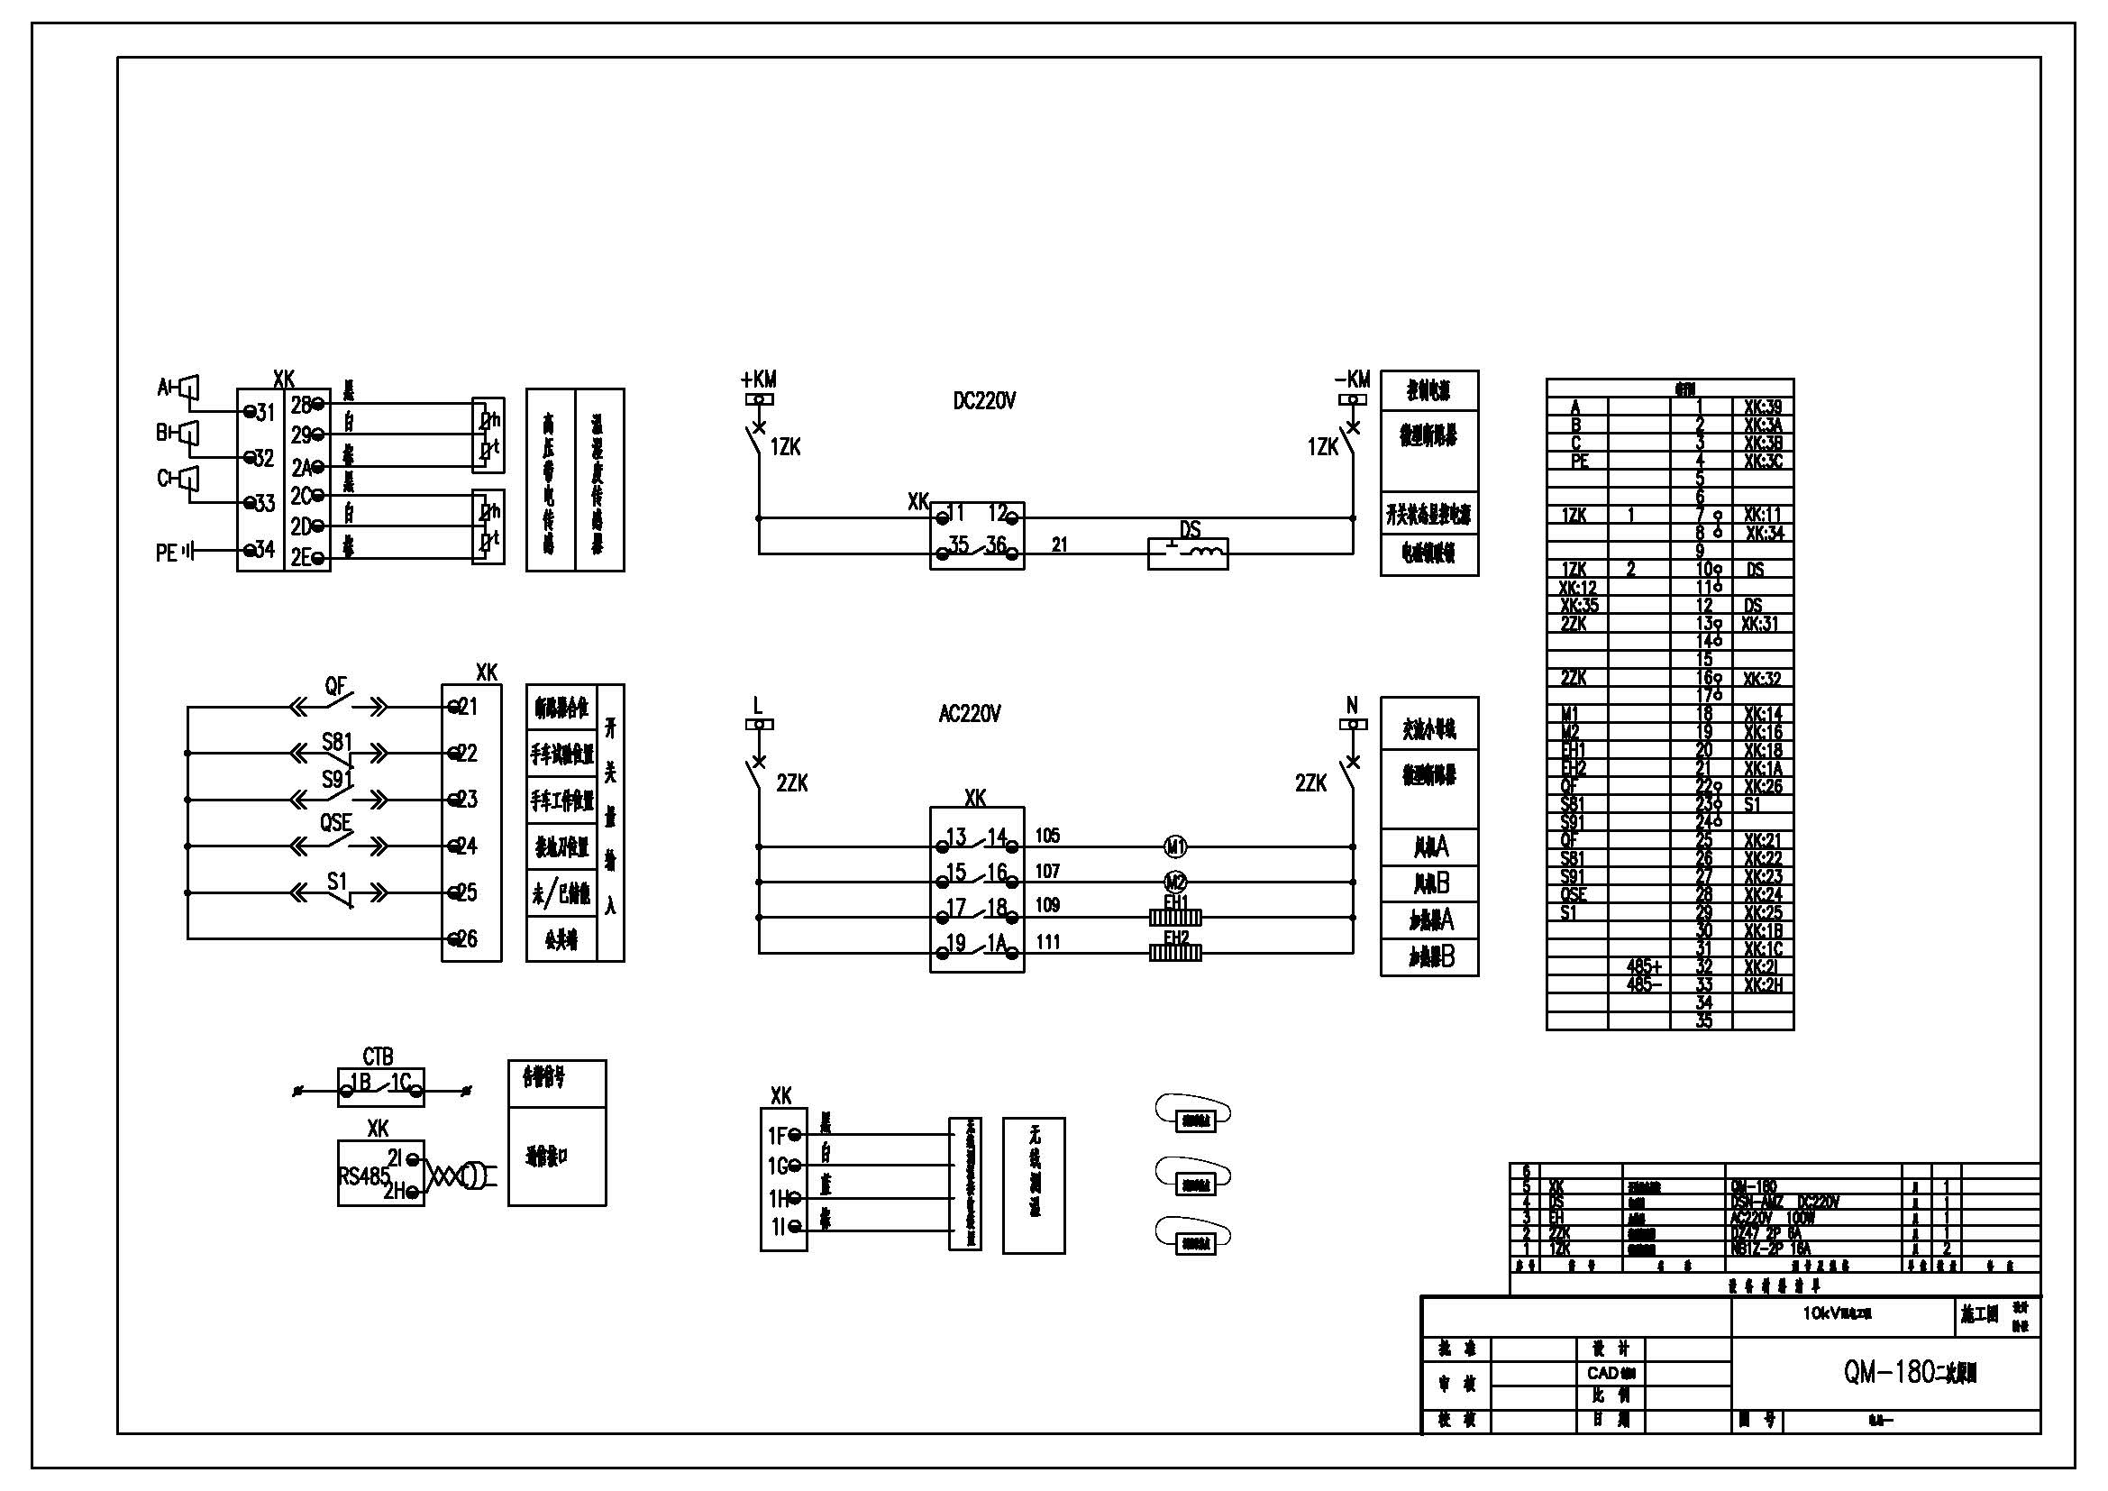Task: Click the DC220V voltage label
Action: (984, 401)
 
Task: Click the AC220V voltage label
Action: (970, 714)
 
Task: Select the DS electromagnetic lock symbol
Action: (1187, 553)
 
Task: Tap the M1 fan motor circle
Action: (1175, 846)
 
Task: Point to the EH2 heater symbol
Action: (1175, 953)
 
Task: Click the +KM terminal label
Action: (758, 380)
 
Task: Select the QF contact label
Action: (336, 686)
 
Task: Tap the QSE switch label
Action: (336, 823)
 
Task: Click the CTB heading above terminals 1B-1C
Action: (379, 1057)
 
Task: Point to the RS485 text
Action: (363, 1176)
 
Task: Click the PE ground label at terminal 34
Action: (166, 553)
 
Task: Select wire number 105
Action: (1047, 836)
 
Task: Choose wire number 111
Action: (1047, 942)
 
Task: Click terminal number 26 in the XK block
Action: (468, 938)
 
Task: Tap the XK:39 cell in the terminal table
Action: (1762, 407)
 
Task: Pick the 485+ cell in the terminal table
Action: (1644, 966)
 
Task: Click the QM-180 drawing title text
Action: (1910, 1373)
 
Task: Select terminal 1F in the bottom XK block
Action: (777, 1137)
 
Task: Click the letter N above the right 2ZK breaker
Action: (1352, 705)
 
